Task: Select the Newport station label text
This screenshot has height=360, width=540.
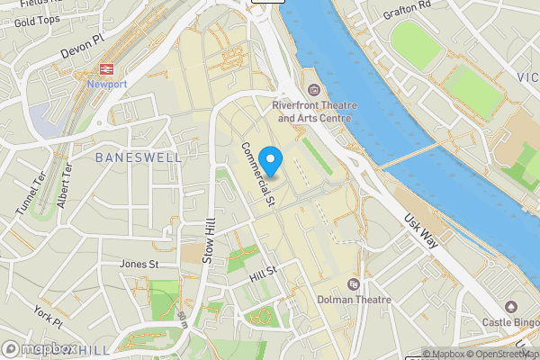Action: (x=107, y=85)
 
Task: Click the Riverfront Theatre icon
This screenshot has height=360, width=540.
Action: (x=313, y=90)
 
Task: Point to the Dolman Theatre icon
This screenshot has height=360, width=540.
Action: (x=353, y=284)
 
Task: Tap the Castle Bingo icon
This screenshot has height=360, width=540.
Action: (x=511, y=307)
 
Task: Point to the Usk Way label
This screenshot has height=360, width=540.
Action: (x=420, y=233)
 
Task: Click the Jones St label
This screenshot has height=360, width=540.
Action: (x=139, y=265)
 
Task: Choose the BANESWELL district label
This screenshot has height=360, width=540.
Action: (x=139, y=157)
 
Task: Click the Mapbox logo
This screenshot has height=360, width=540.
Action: (x=40, y=349)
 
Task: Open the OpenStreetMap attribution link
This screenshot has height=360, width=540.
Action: (x=502, y=354)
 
